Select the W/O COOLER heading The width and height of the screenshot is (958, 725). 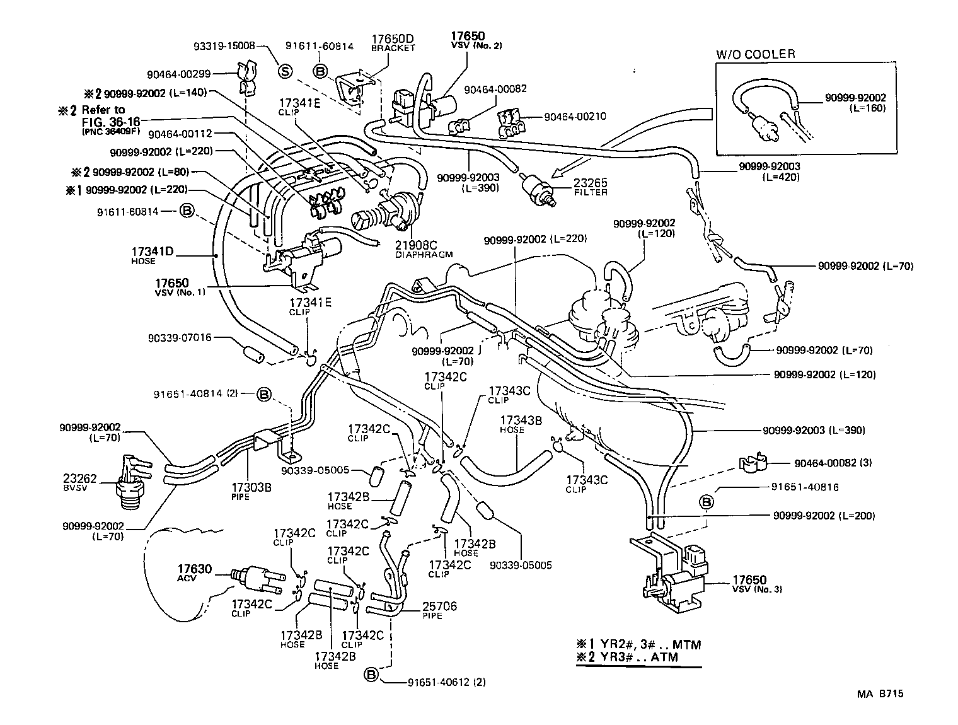tap(755, 54)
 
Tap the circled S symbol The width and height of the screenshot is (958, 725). tap(285, 71)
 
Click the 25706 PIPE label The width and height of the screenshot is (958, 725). tap(441, 610)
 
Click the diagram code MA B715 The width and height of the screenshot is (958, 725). tap(879, 693)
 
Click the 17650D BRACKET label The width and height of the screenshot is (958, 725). tap(393, 43)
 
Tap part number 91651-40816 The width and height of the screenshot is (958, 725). tap(805, 487)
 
